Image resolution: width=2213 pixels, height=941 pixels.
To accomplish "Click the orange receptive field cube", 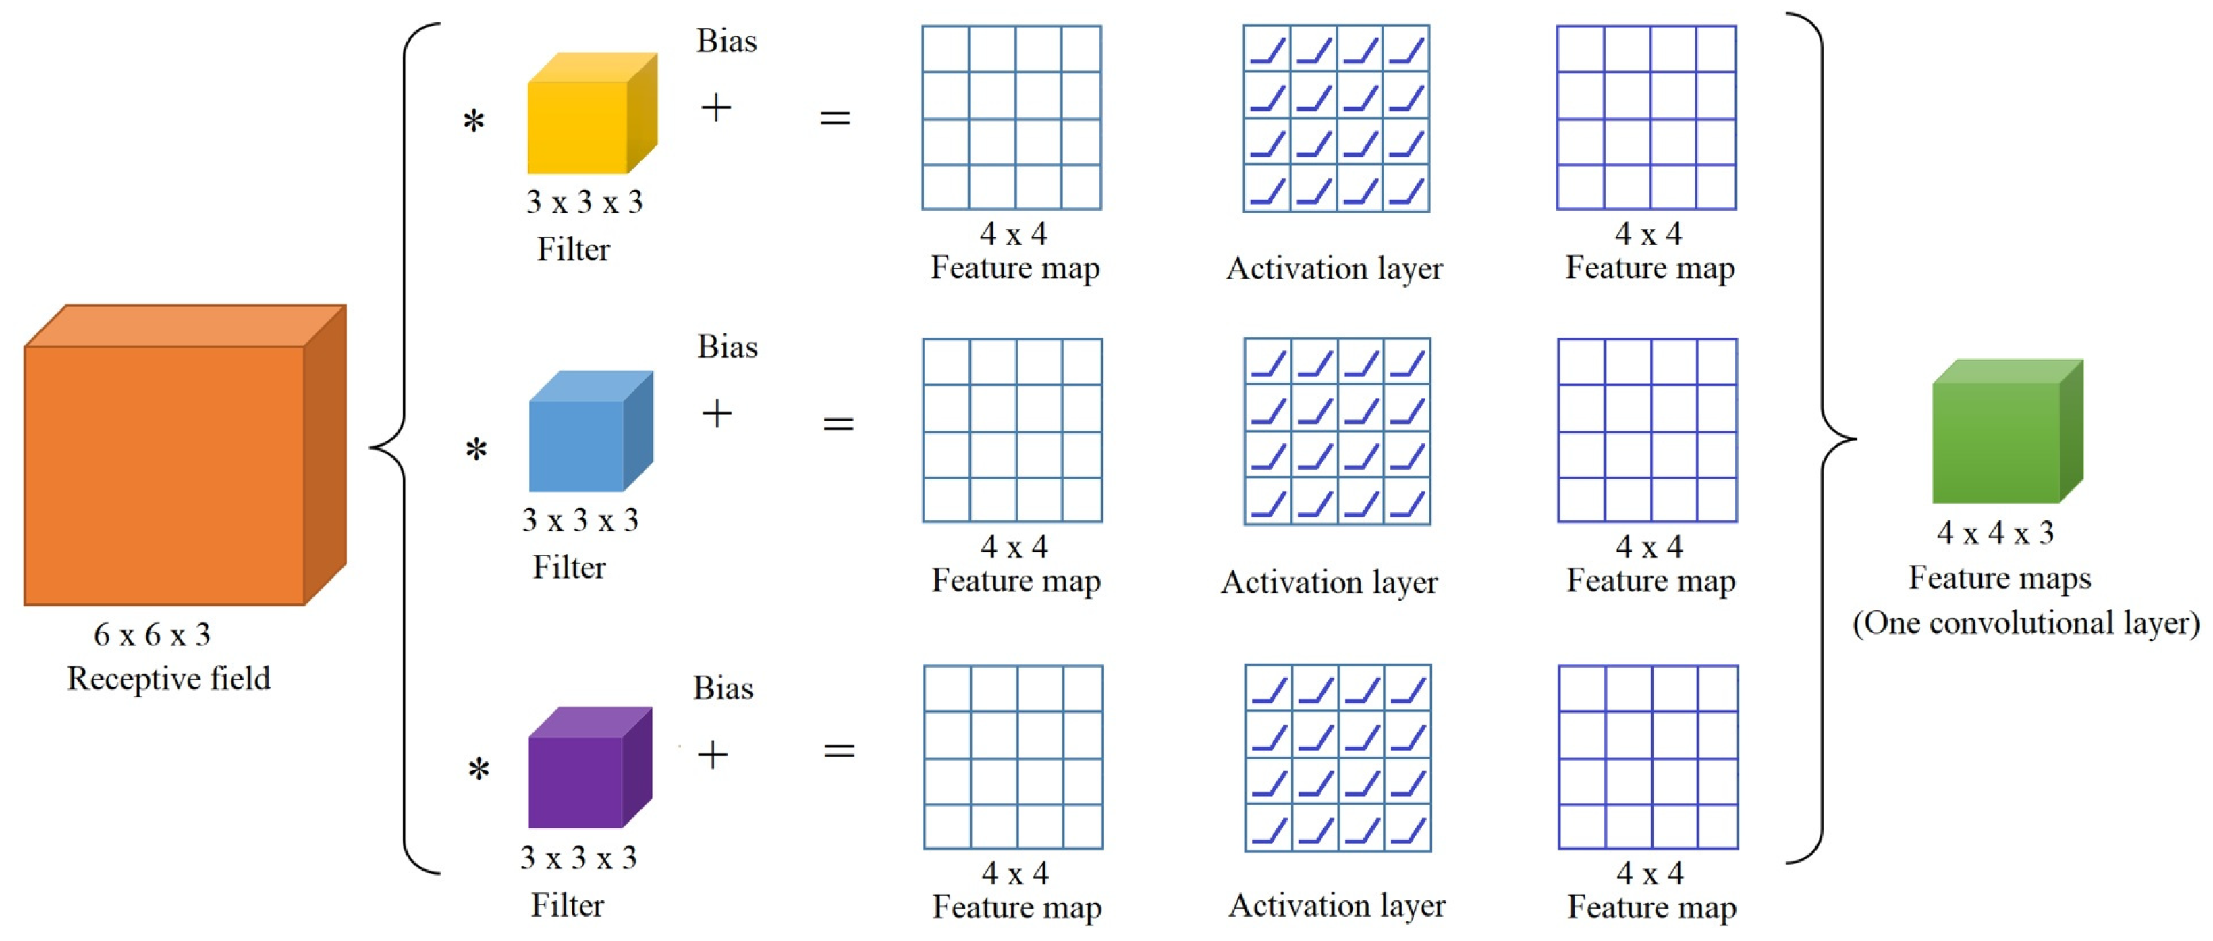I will (x=172, y=464).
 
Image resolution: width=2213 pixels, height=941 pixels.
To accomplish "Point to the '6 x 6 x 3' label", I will (x=152, y=635).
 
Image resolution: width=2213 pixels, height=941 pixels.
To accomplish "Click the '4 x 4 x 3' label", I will (x=1995, y=533).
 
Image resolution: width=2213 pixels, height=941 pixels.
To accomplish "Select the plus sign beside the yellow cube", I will (x=715, y=108).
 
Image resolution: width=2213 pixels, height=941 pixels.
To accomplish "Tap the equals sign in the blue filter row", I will (x=838, y=423).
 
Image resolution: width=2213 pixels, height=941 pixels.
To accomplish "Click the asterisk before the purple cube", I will (x=479, y=768).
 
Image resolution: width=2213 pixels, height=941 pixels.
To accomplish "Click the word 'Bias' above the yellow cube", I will (x=726, y=41).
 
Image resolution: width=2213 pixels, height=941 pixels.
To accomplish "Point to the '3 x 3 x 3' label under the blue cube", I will (x=580, y=520).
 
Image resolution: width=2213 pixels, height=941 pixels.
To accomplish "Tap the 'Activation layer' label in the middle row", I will (x=1329, y=583).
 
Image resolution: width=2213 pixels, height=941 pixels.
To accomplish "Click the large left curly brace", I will (x=404, y=447).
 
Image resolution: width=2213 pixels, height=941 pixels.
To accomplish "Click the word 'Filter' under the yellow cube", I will (x=573, y=249).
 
